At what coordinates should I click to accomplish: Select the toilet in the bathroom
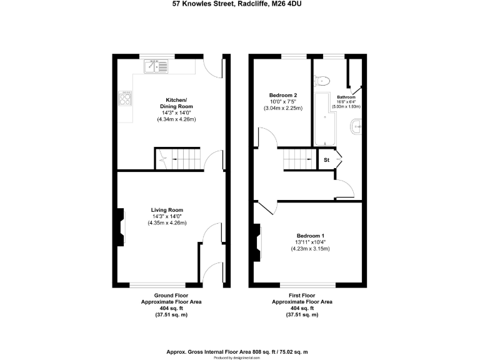click(322, 79)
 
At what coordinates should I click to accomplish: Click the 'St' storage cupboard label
click(326, 160)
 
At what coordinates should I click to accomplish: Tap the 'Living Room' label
click(166, 209)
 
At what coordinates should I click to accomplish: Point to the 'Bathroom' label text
click(346, 97)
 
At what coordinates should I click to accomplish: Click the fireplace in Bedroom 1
click(256, 242)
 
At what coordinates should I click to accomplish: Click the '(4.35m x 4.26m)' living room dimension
click(167, 223)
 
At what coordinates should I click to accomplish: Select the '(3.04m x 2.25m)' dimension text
click(283, 108)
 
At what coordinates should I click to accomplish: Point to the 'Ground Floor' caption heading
click(171, 295)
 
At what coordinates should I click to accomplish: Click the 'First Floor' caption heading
click(301, 295)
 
